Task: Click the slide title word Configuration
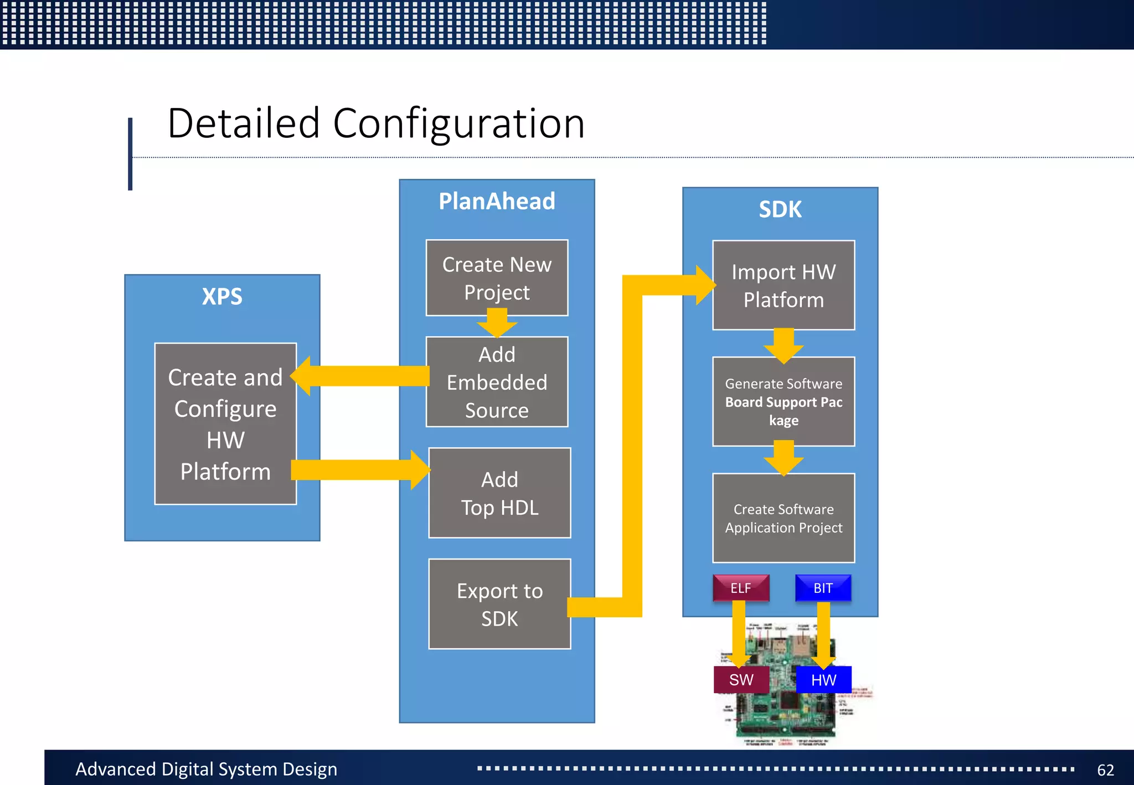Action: (458, 123)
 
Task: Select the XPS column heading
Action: (222, 297)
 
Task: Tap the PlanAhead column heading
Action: (497, 202)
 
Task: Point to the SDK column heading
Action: (780, 210)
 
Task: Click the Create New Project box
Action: (497, 277)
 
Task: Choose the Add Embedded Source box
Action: (497, 382)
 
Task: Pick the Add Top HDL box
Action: (499, 493)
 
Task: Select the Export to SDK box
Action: (499, 604)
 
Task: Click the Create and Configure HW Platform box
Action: (225, 424)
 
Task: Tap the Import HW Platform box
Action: (783, 285)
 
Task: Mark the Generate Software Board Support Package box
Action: (783, 401)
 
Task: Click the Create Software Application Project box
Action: (783, 518)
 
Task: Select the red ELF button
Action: (741, 588)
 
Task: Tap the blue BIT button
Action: (823, 588)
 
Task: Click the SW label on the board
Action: (741, 680)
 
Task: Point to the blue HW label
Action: (823, 680)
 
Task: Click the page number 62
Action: (1105, 770)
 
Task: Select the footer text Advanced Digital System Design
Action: (206, 769)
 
